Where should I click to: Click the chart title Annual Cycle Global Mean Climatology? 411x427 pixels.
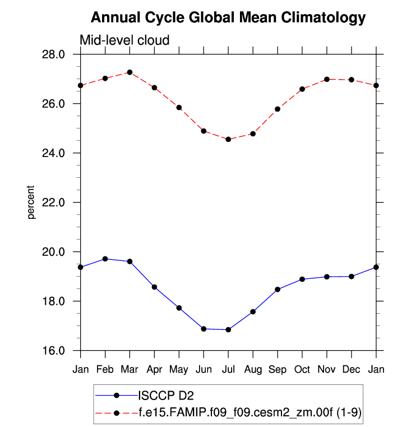tap(228, 18)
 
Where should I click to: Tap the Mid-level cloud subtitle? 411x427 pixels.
tap(124, 40)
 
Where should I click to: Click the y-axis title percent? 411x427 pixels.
tap(32, 202)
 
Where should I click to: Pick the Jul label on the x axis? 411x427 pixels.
tap(228, 369)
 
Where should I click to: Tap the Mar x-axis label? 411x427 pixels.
tap(130, 369)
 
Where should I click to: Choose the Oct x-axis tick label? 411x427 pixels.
tap(302, 369)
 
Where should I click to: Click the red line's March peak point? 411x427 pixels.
tap(130, 72)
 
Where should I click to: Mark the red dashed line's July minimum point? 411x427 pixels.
tap(228, 139)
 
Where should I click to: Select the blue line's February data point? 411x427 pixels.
tap(105, 259)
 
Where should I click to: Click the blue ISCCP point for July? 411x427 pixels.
tap(228, 330)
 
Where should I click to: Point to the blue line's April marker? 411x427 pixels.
tap(154, 287)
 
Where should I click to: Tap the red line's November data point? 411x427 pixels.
tap(327, 79)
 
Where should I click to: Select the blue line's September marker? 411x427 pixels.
tap(278, 289)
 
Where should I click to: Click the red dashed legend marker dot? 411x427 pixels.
tap(117, 413)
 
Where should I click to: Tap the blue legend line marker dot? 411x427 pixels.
tap(117, 395)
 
